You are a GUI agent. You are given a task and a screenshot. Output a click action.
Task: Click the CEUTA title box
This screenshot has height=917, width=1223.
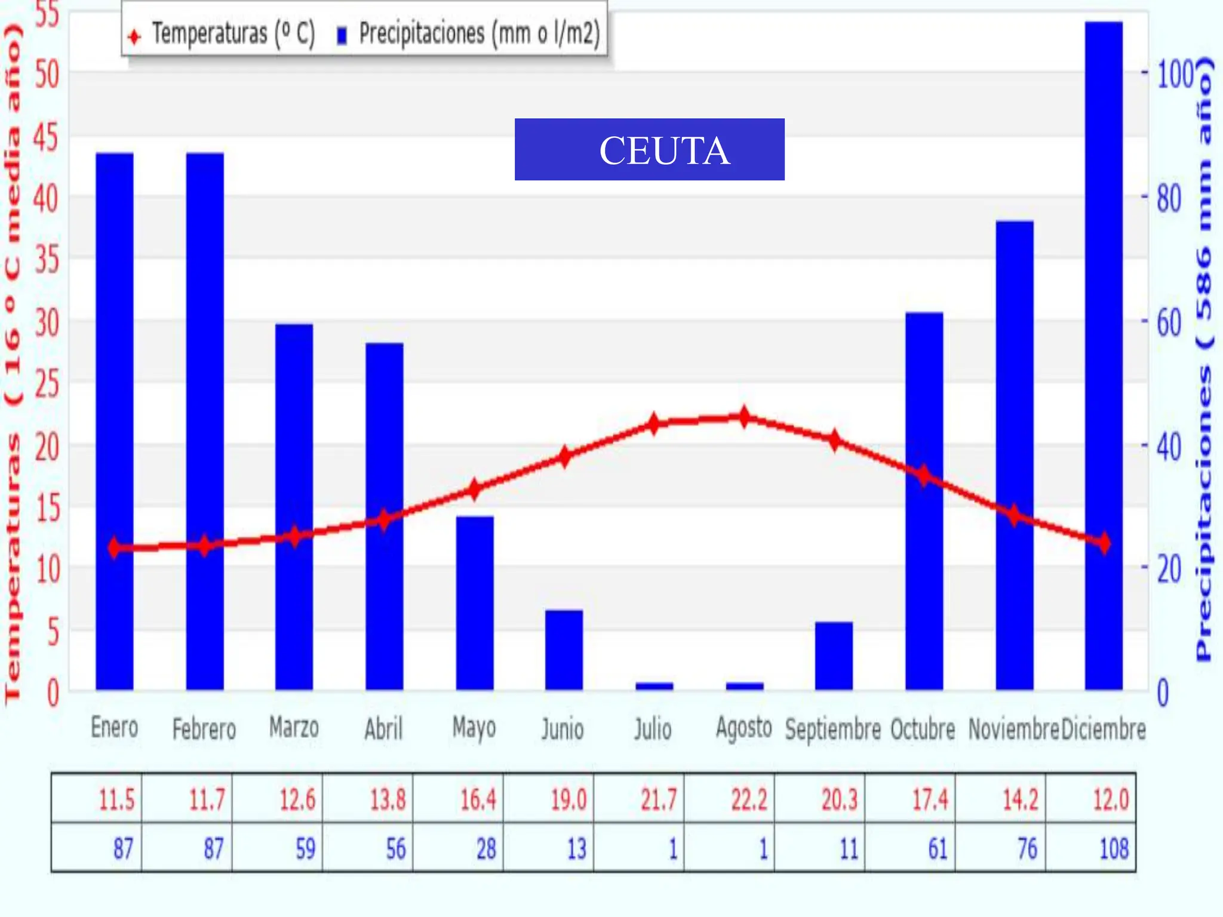[x=649, y=149]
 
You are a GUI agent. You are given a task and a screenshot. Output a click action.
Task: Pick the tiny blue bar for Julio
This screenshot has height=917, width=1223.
[x=654, y=686]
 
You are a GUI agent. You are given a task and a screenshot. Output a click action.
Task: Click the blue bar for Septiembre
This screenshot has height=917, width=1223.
[x=834, y=656]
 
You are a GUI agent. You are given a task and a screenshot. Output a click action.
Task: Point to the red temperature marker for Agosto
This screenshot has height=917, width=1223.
[x=744, y=417]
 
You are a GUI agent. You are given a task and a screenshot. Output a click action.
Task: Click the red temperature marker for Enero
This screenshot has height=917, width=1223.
[x=115, y=547]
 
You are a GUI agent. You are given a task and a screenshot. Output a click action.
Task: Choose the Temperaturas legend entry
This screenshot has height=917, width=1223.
[x=221, y=34]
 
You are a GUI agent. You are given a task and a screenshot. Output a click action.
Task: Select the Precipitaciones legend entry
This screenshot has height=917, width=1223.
[x=469, y=34]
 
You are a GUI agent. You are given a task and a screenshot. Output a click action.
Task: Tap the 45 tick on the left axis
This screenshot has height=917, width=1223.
[x=46, y=137]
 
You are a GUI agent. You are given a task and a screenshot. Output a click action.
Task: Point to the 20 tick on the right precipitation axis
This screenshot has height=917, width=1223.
[x=1169, y=569]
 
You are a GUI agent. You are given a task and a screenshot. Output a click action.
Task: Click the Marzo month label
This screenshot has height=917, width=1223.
[x=294, y=728]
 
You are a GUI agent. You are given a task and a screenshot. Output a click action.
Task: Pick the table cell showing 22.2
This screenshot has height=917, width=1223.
[x=730, y=799]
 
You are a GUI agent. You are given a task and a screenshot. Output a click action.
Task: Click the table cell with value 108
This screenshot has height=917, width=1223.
[x=1090, y=848]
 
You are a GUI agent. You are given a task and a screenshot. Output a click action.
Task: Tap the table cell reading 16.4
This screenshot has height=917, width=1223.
[x=459, y=799]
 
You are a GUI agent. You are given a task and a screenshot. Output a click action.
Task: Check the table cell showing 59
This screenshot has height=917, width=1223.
[x=278, y=848]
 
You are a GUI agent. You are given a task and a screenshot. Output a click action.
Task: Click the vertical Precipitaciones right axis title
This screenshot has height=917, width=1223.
[x=1204, y=358]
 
